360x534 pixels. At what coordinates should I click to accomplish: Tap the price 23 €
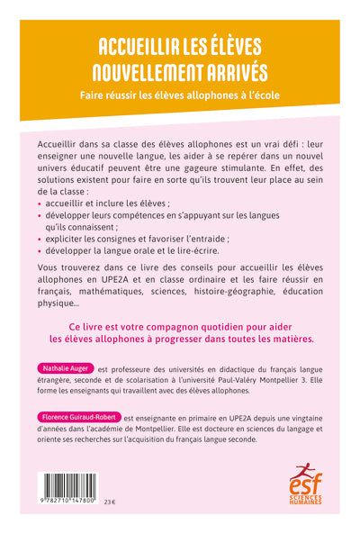click(110, 501)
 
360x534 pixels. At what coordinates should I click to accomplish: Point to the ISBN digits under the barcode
click(69, 501)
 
